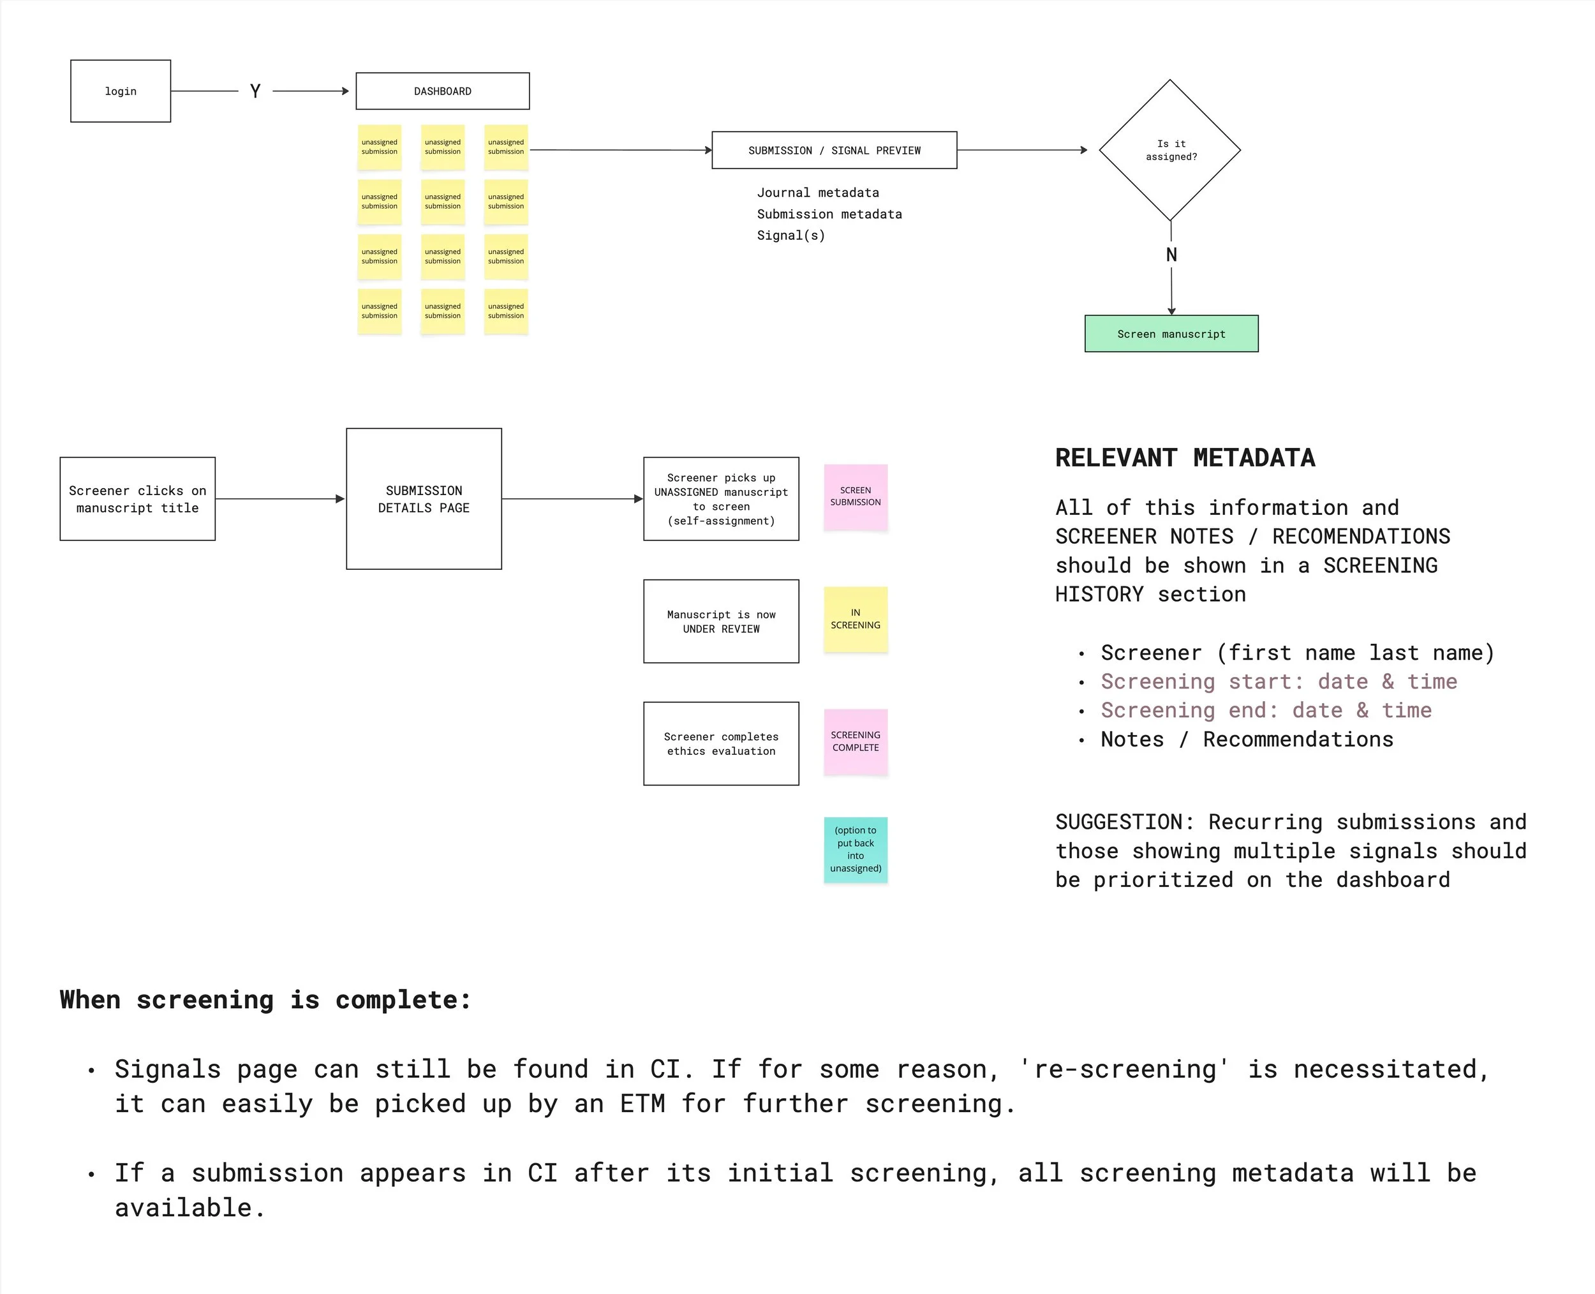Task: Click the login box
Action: (x=120, y=91)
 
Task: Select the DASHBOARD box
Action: (x=442, y=91)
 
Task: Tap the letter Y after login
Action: (x=255, y=91)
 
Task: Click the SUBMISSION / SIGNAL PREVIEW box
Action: (x=833, y=150)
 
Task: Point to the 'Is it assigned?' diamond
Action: (x=1169, y=150)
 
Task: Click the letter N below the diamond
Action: (x=1171, y=255)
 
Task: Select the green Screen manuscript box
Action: (x=1170, y=334)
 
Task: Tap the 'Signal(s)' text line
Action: (x=790, y=235)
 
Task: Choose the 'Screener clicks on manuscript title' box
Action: (x=137, y=499)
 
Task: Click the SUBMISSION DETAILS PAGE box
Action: (x=424, y=499)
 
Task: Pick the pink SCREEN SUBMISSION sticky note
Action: (x=855, y=496)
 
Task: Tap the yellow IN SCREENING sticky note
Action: (x=855, y=619)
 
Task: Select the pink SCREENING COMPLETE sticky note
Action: (x=855, y=741)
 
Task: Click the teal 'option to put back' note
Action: (x=855, y=849)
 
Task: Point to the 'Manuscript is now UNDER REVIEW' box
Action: (x=721, y=621)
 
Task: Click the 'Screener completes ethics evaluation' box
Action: (x=721, y=743)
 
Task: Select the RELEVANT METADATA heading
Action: (x=1184, y=457)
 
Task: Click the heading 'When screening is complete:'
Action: (x=265, y=1000)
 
